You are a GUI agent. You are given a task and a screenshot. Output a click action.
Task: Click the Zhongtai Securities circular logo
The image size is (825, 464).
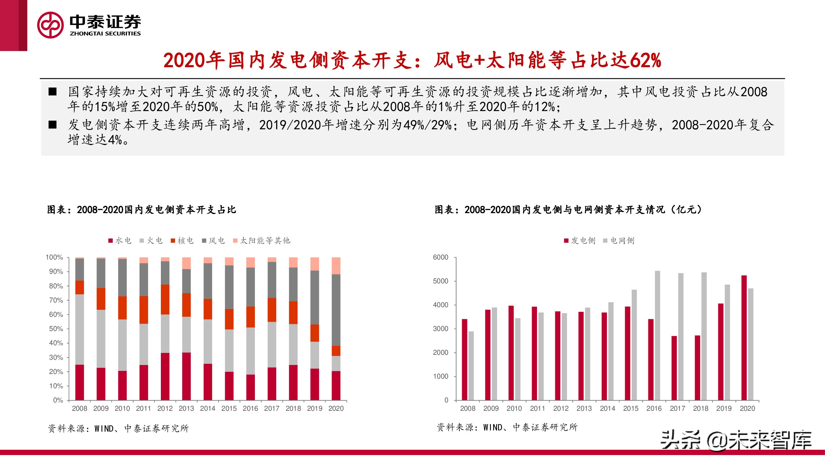(50, 25)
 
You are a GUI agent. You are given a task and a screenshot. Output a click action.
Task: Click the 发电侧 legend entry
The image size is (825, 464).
(580, 240)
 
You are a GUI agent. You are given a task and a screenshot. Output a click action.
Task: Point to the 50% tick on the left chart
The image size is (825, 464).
(56, 329)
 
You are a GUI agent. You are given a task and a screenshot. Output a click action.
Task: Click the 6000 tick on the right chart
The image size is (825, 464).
(440, 257)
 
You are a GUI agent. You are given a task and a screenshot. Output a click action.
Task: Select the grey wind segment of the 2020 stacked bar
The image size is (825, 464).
(336, 310)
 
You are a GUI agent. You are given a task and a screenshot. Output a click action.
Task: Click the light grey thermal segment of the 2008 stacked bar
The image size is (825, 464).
(79, 329)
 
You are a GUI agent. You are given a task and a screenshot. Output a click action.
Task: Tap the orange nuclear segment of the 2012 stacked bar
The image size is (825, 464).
(165, 299)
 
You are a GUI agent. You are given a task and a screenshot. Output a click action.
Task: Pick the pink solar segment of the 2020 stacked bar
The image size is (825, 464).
(336, 265)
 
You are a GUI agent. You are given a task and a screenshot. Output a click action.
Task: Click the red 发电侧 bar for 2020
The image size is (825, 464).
(744, 337)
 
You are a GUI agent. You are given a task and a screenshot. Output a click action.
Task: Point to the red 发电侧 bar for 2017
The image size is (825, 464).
(674, 368)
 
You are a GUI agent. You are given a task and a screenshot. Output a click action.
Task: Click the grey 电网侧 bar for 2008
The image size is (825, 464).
(471, 366)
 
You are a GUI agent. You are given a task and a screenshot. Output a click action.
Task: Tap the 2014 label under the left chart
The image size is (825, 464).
(208, 409)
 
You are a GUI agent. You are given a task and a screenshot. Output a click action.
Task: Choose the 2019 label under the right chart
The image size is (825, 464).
(724, 409)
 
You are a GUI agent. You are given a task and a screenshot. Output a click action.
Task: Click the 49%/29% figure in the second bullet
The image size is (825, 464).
(427, 125)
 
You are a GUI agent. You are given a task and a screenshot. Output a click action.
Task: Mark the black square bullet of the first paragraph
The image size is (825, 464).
(53, 92)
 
